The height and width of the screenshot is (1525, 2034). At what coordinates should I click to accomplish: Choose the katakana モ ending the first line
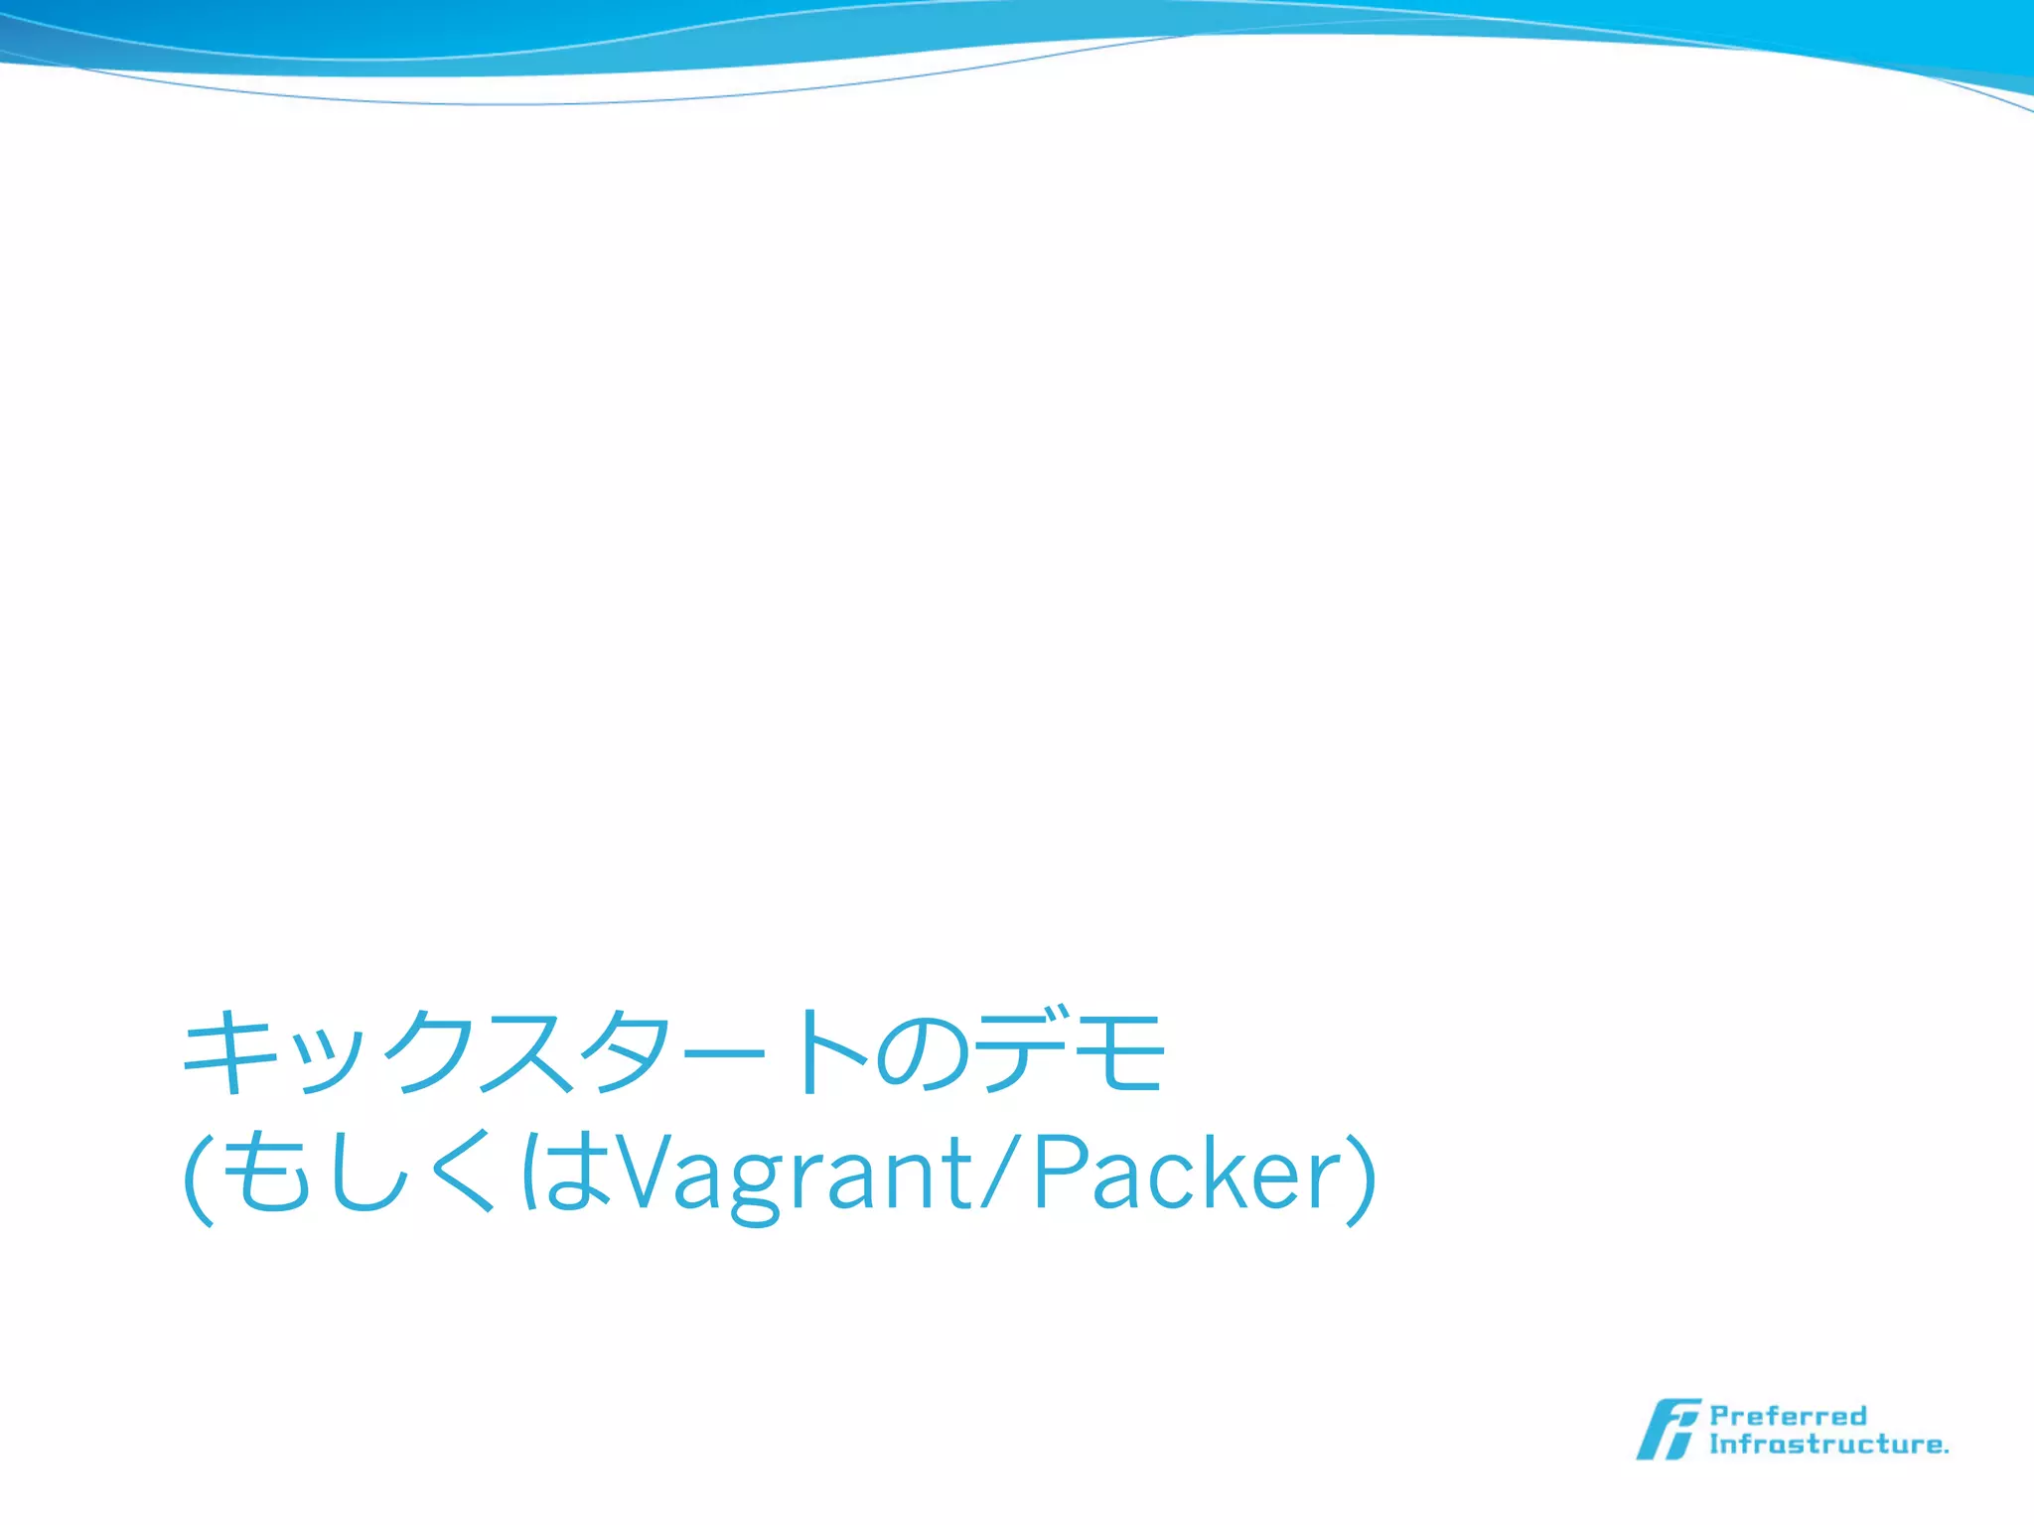coord(1118,1052)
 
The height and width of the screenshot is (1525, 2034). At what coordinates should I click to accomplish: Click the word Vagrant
coord(795,1177)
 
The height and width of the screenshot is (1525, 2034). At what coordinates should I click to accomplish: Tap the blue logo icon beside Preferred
coord(1669,1429)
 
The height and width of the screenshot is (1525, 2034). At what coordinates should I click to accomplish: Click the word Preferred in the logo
coord(1788,1415)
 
